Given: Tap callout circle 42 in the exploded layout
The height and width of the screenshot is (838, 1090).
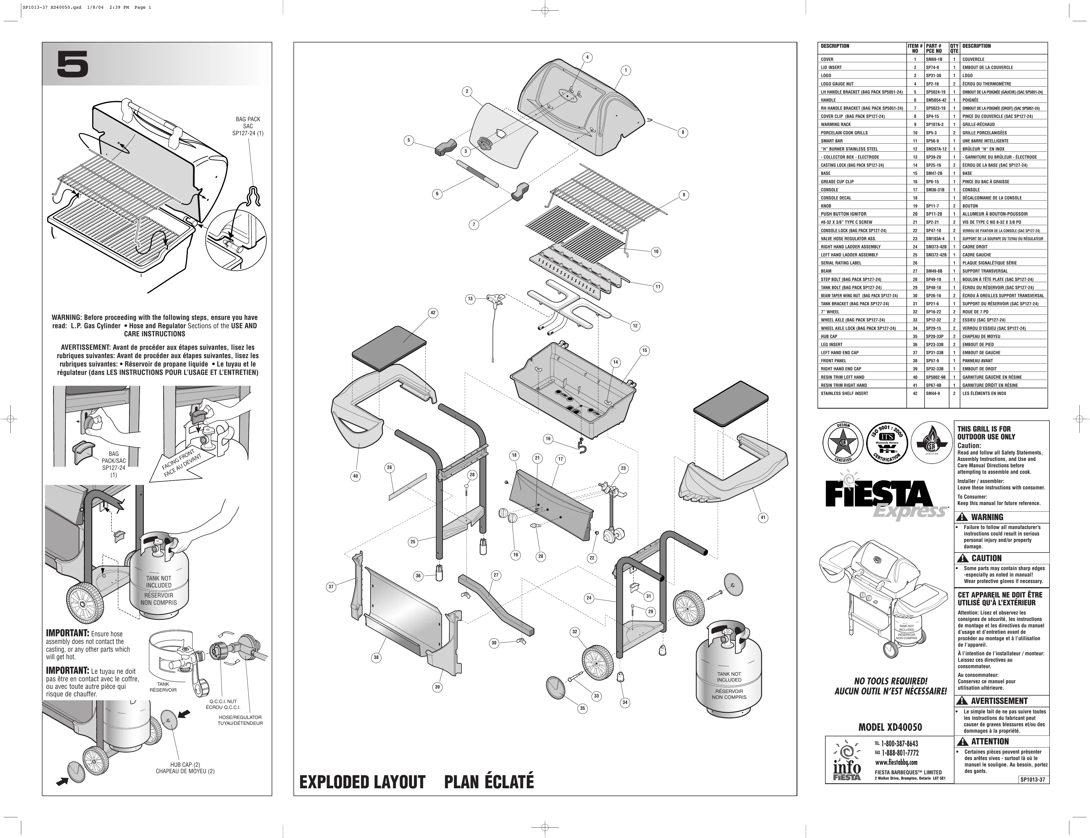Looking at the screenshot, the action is [x=433, y=313].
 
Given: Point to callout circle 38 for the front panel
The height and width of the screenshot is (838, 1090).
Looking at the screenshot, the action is [x=376, y=658].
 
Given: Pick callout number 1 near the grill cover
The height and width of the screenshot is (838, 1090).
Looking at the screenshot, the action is [x=625, y=70].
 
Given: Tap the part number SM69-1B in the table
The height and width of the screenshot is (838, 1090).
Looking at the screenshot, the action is [x=934, y=59].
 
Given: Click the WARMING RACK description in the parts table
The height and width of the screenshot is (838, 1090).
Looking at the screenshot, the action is [x=836, y=124].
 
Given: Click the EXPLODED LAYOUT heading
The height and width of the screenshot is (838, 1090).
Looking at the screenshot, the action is [x=362, y=782].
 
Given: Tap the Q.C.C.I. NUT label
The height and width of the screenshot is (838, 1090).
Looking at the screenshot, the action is [x=223, y=701].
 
